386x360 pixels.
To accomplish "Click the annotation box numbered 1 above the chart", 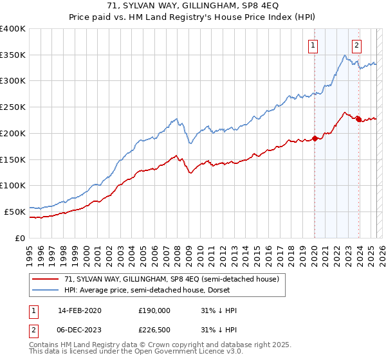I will (x=313, y=45).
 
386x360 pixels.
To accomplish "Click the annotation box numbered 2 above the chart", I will (x=356, y=45).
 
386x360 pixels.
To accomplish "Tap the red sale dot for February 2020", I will (x=315, y=138).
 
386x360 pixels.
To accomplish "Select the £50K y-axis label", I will (x=15, y=211).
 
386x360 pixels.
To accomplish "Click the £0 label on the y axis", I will (x=21, y=237).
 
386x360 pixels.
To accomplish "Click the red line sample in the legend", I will (x=46, y=279).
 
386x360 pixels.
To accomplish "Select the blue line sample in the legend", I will (x=46, y=290).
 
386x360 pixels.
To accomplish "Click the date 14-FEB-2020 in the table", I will (x=80, y=310).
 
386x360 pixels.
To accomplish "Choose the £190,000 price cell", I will (x=154, y=310).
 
